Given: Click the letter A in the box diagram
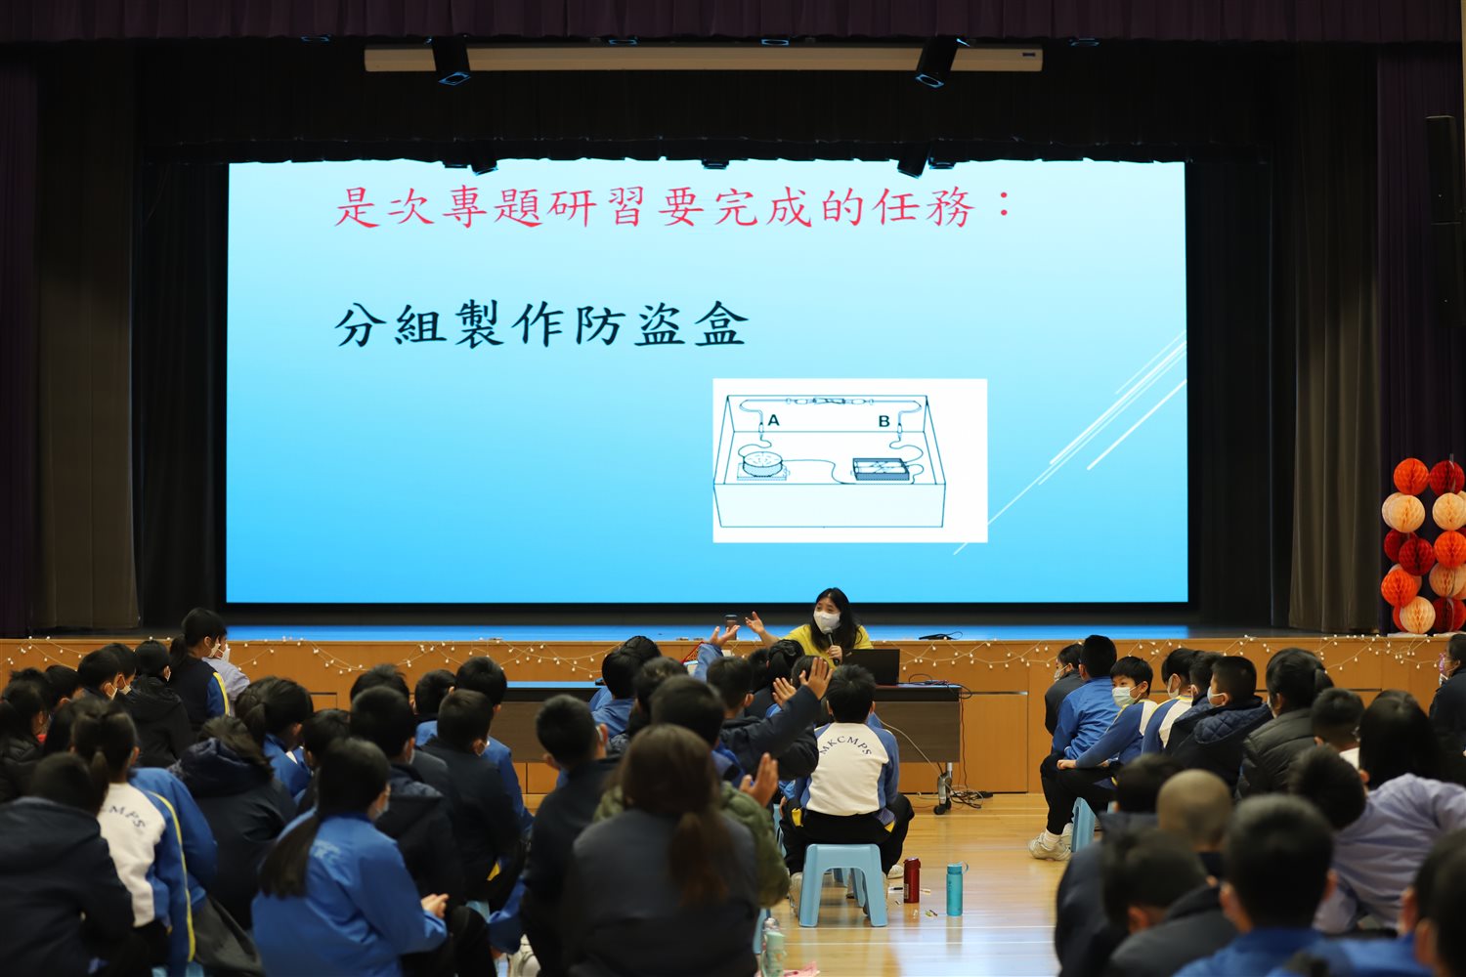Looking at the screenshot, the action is (x=774, y=420).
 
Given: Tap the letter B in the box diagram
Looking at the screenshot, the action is (x=884, y=421).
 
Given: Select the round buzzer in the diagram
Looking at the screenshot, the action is (x=760, y=462).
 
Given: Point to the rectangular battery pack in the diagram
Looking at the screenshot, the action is (x=882, y=469).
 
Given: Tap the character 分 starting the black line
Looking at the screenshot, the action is (x=361, y=324).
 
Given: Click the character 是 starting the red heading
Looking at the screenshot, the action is (x=358, y=206).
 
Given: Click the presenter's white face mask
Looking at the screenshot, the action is (x=827, y=621).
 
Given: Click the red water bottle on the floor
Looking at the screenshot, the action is (x=912, y=880).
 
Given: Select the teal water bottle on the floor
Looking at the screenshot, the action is (x=956, y=889).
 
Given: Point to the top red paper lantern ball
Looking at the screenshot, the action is (x=1411, y=477).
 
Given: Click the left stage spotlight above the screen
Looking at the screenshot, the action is (x=451, y=61).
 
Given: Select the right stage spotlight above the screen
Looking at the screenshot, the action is (x=936, y=62).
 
